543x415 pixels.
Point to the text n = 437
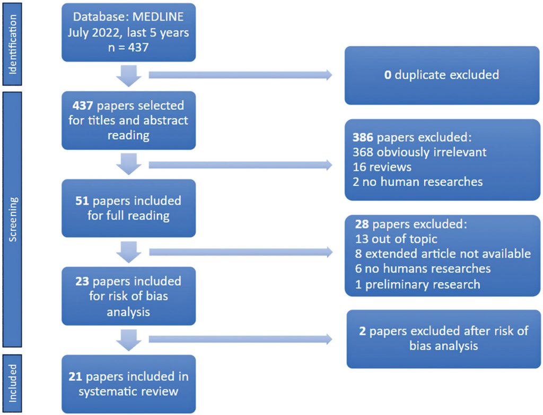tap(128, 47)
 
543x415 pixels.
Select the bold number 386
tap(364, 137)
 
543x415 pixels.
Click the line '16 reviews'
tap(382, 167)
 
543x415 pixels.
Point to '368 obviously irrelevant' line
tap(419, 152)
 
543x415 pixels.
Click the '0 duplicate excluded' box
tap(442, 75)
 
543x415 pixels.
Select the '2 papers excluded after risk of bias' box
tap(443, 339)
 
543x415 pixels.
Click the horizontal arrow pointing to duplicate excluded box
tap(240, 75)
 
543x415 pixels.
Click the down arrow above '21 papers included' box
tap(129, 339)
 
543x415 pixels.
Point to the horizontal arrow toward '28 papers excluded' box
tap(240, 253)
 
